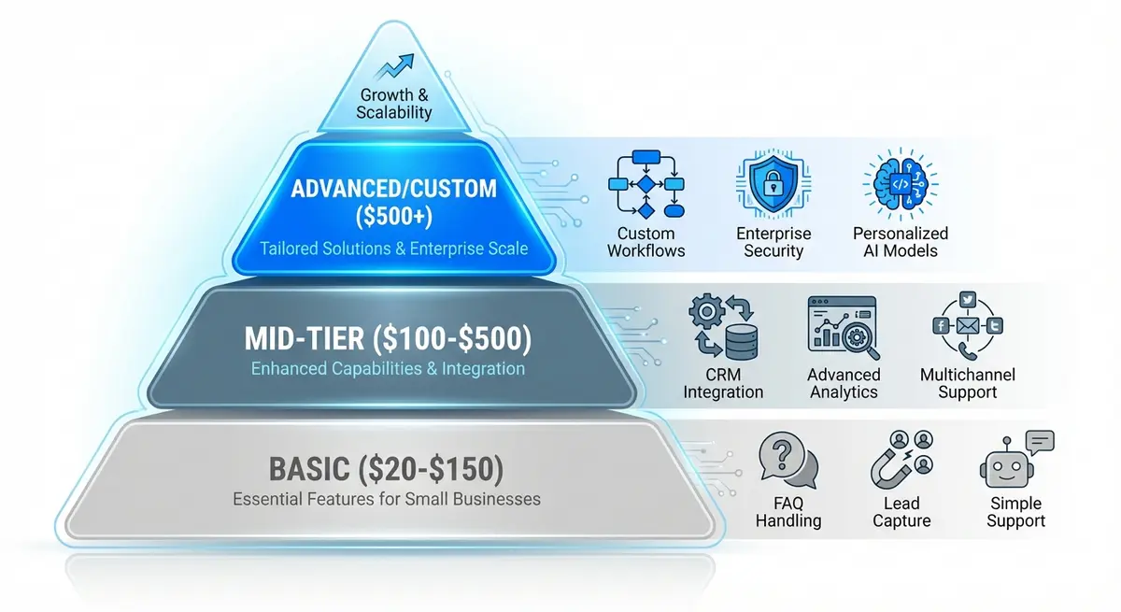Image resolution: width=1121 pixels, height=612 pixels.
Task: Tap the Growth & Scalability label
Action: tap(394, 104)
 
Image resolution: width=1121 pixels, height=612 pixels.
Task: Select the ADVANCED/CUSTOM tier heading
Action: tap(393, 189)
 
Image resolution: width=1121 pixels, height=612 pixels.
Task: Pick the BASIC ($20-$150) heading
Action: tap(387, 466)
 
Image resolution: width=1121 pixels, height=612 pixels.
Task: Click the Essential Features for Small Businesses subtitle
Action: tap(387, 499)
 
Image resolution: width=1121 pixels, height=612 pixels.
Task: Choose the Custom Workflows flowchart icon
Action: tap(646, 184)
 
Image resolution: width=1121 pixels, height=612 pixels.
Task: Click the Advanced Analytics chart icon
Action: tap(843, 328)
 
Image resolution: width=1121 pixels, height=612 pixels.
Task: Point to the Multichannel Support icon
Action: tap(967, 328)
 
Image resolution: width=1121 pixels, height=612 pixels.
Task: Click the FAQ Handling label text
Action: tap(788, 511)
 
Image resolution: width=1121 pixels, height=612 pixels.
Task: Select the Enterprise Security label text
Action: tap(773, 242)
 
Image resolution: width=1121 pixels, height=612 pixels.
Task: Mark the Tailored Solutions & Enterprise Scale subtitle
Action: tap(393, 249)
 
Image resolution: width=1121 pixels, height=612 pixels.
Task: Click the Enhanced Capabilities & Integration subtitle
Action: tap(388, 368)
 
